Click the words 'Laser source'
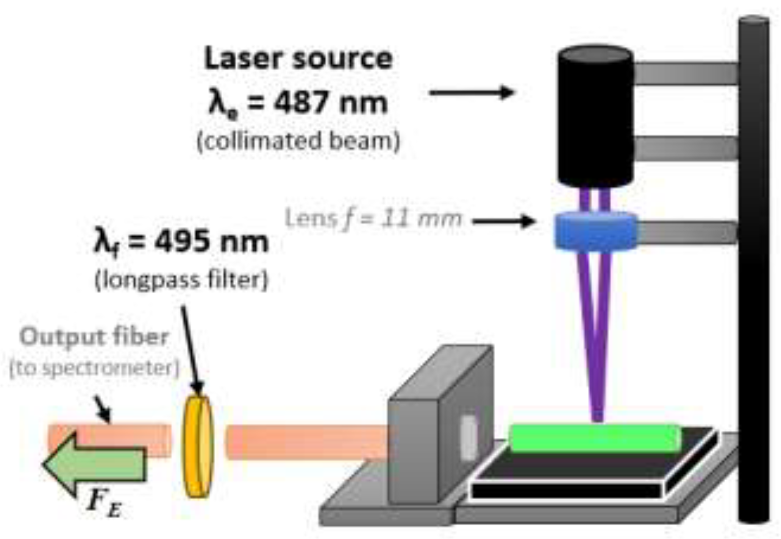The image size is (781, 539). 298,59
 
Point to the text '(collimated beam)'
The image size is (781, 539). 298,141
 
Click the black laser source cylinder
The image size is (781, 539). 595,117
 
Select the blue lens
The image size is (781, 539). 596,231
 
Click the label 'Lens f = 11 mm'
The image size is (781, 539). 373,219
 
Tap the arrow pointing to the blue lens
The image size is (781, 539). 504,221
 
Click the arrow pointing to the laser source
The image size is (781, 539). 472,92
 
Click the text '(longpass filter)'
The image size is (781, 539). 181,280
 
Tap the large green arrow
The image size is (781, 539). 95,464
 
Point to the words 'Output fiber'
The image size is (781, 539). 94,337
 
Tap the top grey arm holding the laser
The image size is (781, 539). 686,73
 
